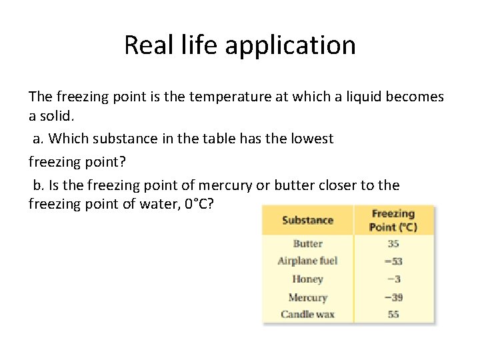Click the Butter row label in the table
(307, 244)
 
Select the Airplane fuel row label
(307, 261)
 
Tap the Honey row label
(307, 279)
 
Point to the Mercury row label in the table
(307, 297)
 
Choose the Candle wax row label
(307, 314)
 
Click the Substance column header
(307, 220)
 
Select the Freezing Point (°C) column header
(393, 220)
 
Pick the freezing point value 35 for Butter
(393, 244)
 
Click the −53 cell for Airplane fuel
(393, 261)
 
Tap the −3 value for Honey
(393, 279)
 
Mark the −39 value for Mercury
(393, 297)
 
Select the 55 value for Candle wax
(393, 314)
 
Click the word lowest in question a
(313, 139)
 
